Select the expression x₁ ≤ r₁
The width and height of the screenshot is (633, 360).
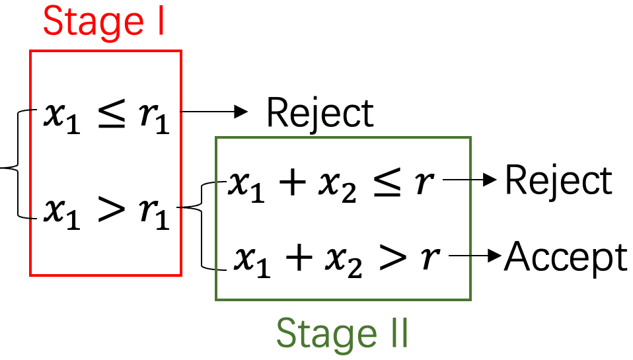(106, 116)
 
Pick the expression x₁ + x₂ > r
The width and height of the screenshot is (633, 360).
(336, 258)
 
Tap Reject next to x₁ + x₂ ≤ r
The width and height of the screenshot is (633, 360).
(558, 180)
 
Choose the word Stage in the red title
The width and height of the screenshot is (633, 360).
(87, 21)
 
